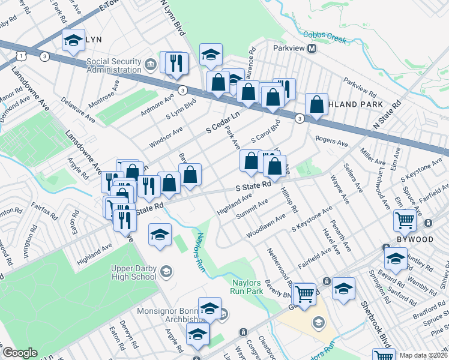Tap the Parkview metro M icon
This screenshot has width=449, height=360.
pyautogui.click(x=312, y=48)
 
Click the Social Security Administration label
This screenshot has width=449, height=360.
pyautogui.click(x=113, y=65)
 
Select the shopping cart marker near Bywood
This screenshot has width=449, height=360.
pyautogui.click(x=405, y=220)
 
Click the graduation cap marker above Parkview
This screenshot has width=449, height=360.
pyautogui.click(x=211, y=55)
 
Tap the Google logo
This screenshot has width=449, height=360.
pyautogui.click(x=20, y=353)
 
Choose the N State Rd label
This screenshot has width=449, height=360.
pyautogui.click(x=386, y=118)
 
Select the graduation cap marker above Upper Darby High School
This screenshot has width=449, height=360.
pyautogui.click(x=160, y=235)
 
